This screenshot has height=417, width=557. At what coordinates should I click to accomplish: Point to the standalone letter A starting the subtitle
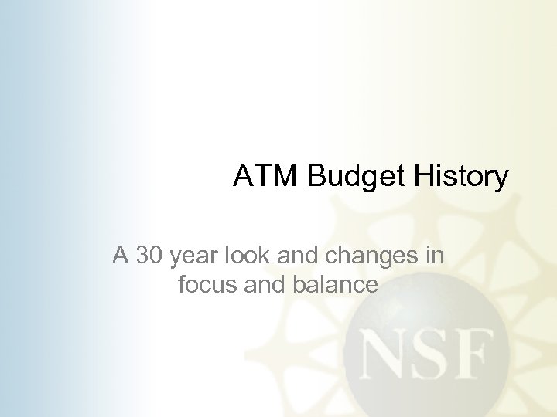coord(121,255)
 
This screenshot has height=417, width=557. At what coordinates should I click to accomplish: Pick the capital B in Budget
coord(319,177)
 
